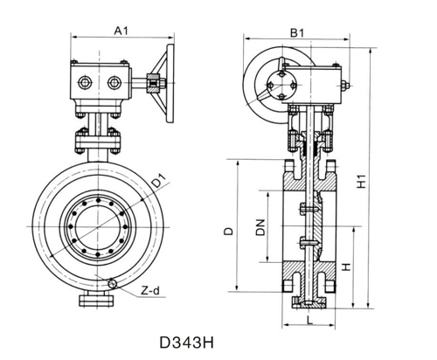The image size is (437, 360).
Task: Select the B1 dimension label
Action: (x=297, y=32)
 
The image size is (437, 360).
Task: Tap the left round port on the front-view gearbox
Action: (x=85, y=83)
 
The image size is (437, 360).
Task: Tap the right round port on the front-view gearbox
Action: (x=114, y=83)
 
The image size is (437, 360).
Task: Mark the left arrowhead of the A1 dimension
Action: (x=73, y=38)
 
